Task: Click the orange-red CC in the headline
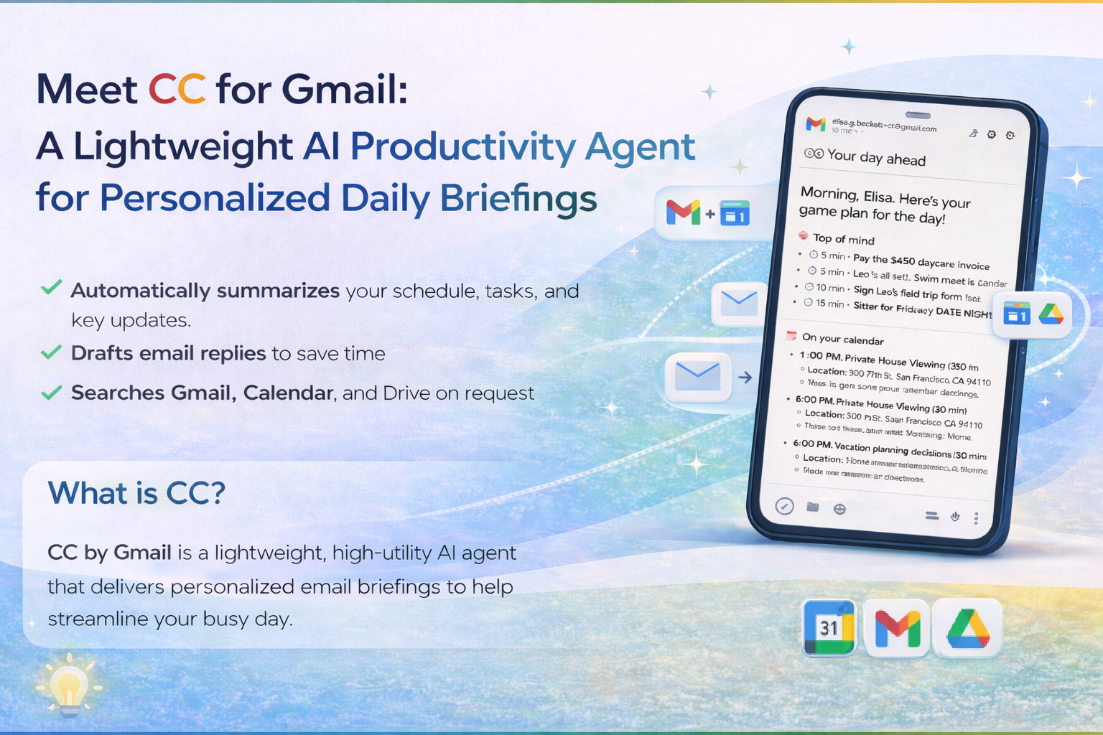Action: click(x=177, y=89)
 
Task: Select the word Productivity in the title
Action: click(x=462, y=146)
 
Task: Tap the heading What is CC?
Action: click(x=136, y=493)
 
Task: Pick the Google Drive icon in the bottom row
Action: click(x=968, y=628)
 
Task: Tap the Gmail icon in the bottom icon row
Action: click(x=898, y=628)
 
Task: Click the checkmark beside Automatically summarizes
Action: click(x=51, y=288)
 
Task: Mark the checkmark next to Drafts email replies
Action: click(x=51, y=352)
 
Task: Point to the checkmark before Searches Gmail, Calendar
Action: click(x=51, y=393)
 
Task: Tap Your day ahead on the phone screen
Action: click(x=876, y=157)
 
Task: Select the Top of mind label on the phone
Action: click(x=843, y=239)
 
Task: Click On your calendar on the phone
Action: click(x=842, y=339)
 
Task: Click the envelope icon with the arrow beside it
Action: click(x=698, y=376)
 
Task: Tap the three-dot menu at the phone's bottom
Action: click(x=976, y=518)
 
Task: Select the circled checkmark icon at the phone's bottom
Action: click(x=784, y=507)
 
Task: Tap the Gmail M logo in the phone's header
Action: click(x=816, y=124)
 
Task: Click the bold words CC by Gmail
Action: click(x=109, y=553)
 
